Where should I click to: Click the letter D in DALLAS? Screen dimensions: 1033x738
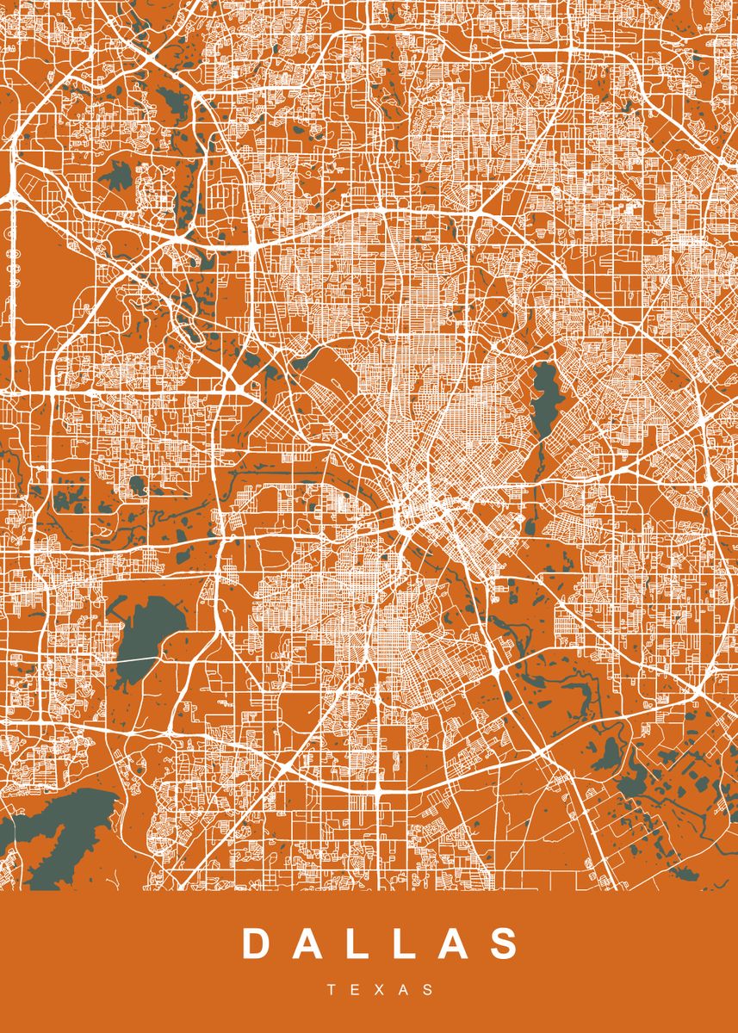click(256, 943)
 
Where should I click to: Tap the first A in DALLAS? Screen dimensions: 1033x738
click(311, 943)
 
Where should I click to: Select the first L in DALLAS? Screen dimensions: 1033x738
click(363, 943)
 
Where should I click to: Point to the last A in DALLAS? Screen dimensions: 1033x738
click(456, 943)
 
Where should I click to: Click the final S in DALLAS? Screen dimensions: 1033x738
click(507, 943)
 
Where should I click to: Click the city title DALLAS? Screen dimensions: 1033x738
click(381, 943)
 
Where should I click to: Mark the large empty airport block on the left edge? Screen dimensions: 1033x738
click(52, 258)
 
